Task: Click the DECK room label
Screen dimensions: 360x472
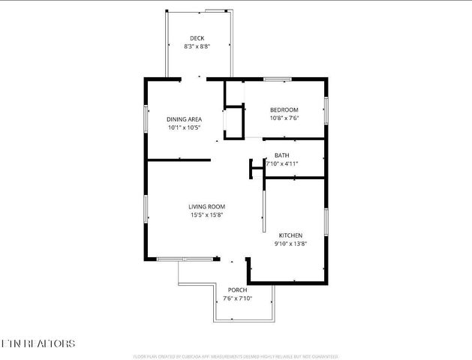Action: pyautogui.click(x=197, y=38)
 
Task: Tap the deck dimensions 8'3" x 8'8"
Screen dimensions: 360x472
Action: pyautogui.click(x=197, y=46)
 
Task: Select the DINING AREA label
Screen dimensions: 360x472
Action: pyautogui.click(x=184, y=119)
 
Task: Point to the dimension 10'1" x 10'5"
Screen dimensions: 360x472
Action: pyautogui.click(x=184, y=127)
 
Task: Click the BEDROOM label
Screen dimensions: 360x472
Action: pyautogui.click(x=284, y=109)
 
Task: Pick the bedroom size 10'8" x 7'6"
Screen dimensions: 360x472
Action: pyautogui.click(x=284, y=118)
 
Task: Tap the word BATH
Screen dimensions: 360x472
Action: pyautogui.click(x=281, y=155)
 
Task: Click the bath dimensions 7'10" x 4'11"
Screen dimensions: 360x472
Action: pyautogui.click(x=282, y=163)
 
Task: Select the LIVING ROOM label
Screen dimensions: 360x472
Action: pyautogui.click(x=206, y=206)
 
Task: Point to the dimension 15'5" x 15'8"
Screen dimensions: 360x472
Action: pyautogui.click(x=206, y=215)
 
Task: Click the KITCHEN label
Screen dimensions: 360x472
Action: pyautogui.click(x=290, y=235)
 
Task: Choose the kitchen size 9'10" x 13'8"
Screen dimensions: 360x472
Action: pyautogui.click(x=290, y=243)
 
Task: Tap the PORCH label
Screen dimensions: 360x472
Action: pyautogui.click(x=237, y=290)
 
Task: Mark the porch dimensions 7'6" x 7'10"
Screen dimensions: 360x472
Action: pyautogui.click(x=237, y=298)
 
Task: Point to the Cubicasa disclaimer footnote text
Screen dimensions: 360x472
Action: pyautogui.click(x=235, y=356)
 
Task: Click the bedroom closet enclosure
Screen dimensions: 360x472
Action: pyautogui.click(x=234, y=122)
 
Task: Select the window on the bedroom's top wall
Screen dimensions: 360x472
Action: pyautogui.click(x=277, y=78)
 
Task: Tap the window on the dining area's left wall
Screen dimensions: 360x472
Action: pyautogui.click(x=146, y=119)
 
